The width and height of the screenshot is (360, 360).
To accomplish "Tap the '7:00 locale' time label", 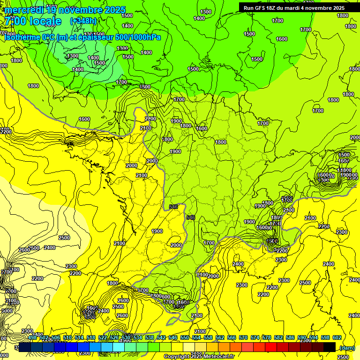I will point(33,21).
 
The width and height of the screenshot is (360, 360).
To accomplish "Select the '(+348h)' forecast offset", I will point(83,21).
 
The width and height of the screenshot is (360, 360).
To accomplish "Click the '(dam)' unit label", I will point(346,348).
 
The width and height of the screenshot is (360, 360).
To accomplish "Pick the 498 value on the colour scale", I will point(32,337).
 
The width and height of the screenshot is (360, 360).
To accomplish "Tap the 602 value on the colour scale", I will point(337,337).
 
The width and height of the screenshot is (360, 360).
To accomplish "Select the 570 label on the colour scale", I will point(243,337).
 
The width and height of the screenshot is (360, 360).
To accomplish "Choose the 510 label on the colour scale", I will point(67,337).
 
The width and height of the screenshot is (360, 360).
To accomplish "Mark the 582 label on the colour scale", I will point(278,337).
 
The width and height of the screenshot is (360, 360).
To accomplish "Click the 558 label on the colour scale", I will point(208,337).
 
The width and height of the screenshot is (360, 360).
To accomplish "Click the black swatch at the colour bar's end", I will point(330,347).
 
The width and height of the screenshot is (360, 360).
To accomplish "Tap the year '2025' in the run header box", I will point(336,8).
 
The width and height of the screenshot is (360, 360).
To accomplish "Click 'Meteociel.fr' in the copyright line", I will point(222,357).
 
